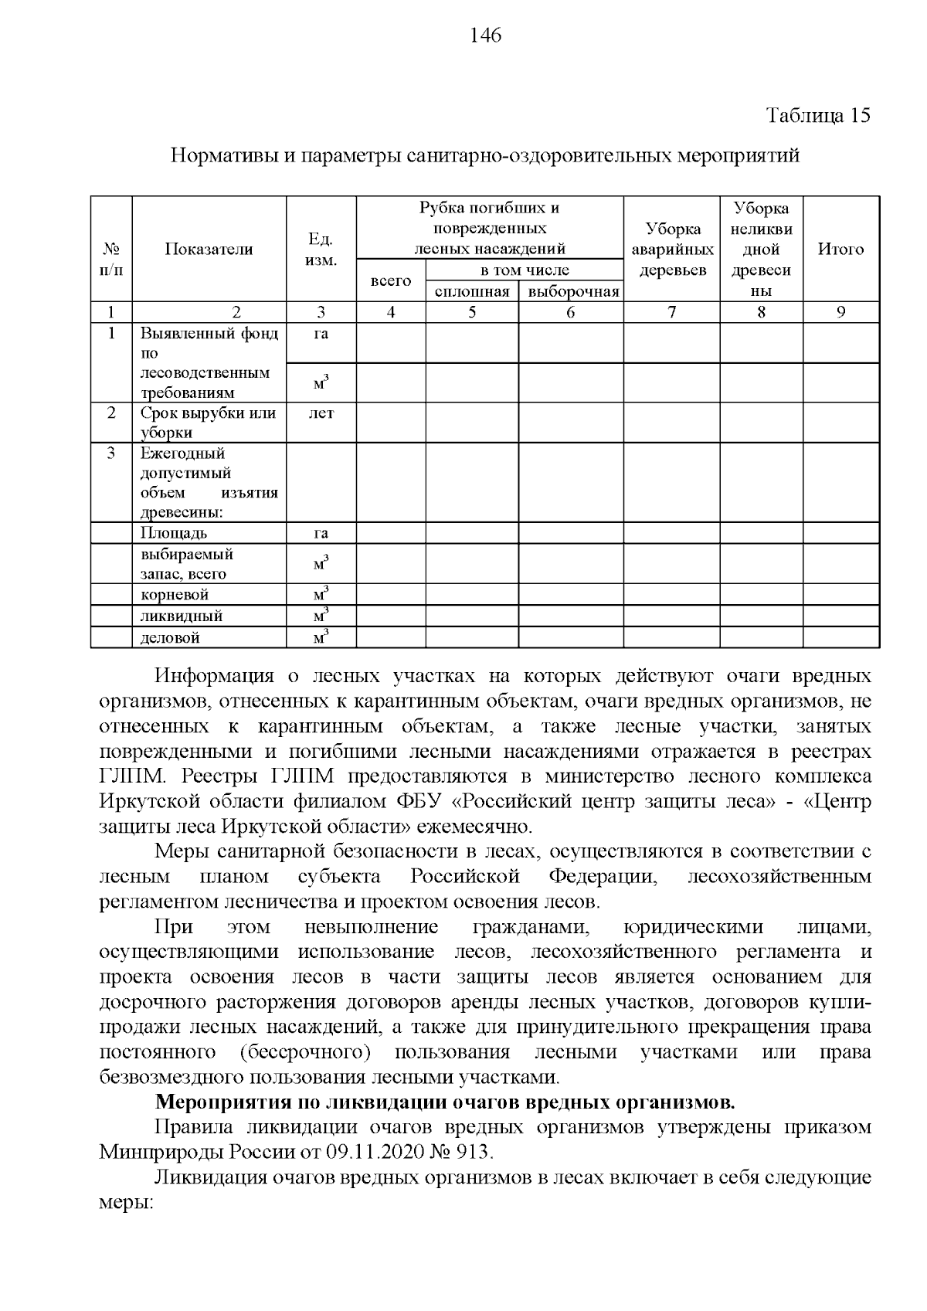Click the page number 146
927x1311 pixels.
tap(485, 36)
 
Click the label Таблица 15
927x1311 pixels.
tap(818, 116)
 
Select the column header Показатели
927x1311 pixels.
tap(209, 250)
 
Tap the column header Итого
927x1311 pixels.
tap(840, 250)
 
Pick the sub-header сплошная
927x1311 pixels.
tap(471, 292)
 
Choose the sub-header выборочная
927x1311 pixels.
tap(570, 292)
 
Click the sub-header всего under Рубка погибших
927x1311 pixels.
tap(390, 281)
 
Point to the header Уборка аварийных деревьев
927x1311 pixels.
tap(671, 250)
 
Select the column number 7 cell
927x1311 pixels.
tap(671, 312)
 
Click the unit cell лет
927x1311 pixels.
tap(321, 413)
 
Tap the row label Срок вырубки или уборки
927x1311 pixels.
tap(208, 423)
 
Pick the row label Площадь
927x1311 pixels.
tap(174, 533)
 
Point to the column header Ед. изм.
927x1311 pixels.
tap(321, 250)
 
